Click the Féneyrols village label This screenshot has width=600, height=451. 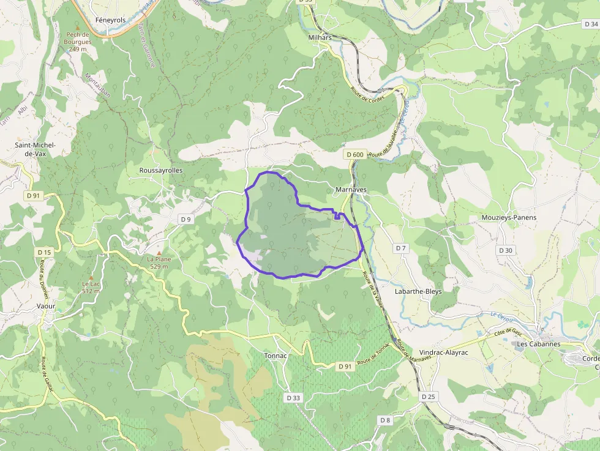pos(110,20)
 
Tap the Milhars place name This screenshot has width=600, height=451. pos(319,38)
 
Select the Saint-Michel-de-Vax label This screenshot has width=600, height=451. pos(35,149)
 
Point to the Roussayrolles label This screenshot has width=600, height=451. pos(161,171)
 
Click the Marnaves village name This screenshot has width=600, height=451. pos(351,190)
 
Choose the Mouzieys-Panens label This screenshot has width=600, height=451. pos(509,218)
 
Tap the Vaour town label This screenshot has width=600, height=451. pos(46,306)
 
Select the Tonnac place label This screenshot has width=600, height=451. pos(276,356)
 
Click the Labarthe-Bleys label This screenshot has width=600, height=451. pos(418,292)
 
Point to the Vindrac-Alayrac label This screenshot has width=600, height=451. pos(444,353)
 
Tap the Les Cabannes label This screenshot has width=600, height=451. pos(538,344)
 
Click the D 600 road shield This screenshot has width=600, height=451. pos(354,155)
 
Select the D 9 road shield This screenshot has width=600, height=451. pos(186,219)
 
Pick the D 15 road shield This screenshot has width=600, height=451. pos(44,252)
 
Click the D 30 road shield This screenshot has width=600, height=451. pos(505,250)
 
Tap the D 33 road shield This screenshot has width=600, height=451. pos(293,398)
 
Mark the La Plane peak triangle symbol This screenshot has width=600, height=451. pos(159,252)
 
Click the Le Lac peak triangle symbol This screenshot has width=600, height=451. pos(91,277)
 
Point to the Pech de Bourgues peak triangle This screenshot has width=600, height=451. pos(78,28)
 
